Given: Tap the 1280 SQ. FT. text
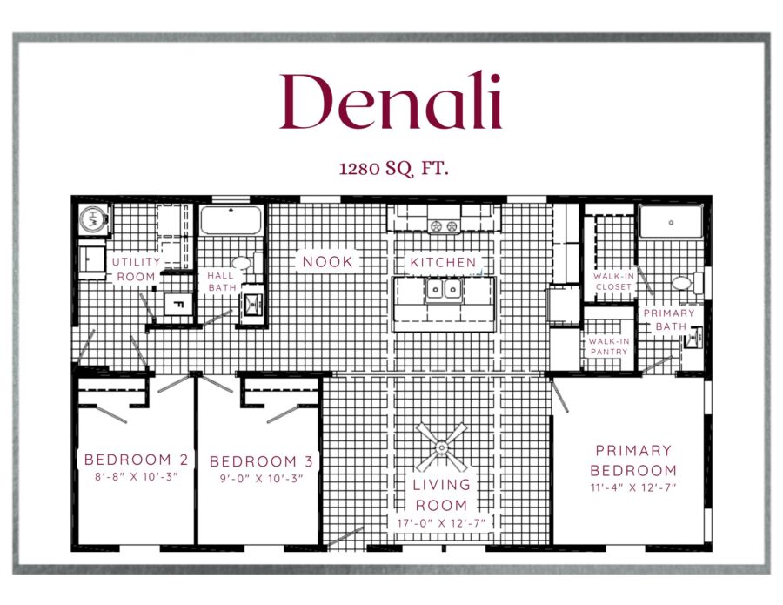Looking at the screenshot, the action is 393,168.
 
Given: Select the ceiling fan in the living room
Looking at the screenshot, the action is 441,447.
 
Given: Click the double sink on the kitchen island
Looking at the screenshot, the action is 444,289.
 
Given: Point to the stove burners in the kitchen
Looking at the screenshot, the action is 444,225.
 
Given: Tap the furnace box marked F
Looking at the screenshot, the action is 178,304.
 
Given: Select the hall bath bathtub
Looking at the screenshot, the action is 231,220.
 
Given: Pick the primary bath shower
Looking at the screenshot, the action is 671,220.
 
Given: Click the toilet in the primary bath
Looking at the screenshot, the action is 686,283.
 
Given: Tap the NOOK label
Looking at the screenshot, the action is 328,261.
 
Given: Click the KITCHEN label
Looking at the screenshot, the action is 444,262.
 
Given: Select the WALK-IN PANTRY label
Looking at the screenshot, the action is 609,346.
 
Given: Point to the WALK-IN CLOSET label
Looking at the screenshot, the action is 613,281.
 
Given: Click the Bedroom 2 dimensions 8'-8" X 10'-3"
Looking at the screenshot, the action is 137,477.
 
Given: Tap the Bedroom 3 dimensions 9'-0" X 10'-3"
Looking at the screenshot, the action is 262,478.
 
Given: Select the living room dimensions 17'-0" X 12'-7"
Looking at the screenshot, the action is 441,523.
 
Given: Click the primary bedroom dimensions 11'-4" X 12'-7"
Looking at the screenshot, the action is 633,487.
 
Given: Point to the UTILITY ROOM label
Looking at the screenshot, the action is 137,269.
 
